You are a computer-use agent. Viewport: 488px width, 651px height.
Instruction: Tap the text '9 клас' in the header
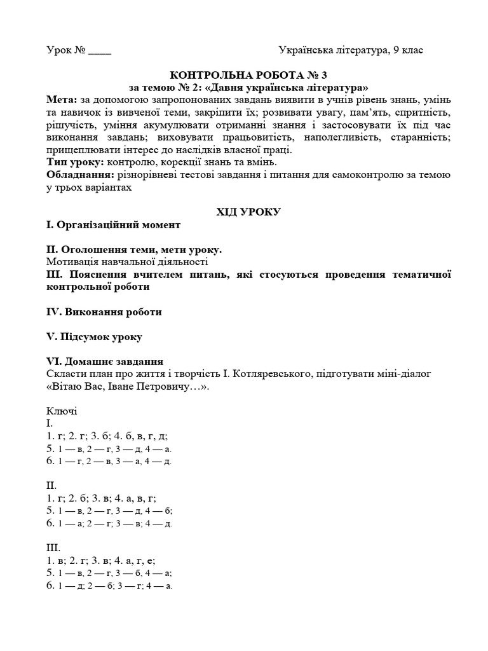(x=408, y=50)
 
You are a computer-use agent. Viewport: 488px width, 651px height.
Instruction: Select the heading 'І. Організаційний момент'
(x=113, y=225)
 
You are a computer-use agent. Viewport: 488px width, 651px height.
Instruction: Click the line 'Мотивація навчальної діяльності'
(x=127, y=262)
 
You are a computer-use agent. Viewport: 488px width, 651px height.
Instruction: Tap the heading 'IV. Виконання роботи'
(x=104, y=312)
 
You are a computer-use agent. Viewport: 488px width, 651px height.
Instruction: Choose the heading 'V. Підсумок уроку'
(x=94, y=337)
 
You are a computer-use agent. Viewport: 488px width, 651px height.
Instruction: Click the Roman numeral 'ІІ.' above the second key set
(x=52, y=486)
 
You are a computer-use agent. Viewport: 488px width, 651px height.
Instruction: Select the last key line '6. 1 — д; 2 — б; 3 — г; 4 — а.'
(x=109, y=586)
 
